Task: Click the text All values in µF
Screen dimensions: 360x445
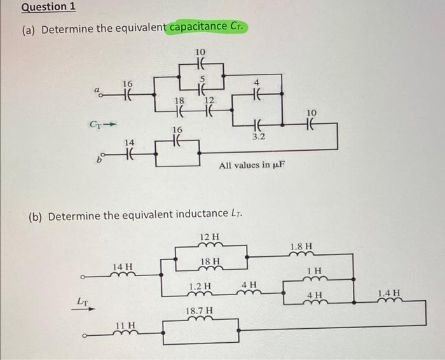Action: click(x=252, y=165)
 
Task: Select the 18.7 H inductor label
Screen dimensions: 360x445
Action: click(x=200, y=311)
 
